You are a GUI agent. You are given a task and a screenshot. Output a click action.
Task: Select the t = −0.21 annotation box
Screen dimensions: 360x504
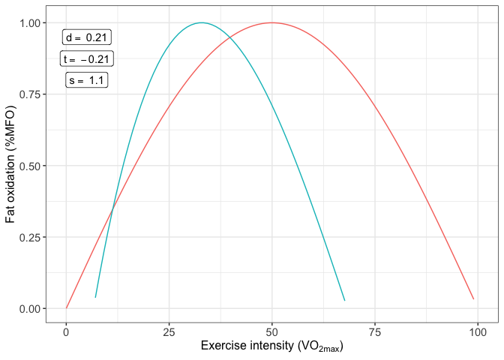point(87,59)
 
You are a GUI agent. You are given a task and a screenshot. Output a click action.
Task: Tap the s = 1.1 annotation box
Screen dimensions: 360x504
point(87,80)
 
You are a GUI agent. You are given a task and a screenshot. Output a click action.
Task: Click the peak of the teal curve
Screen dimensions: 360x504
point(201,22)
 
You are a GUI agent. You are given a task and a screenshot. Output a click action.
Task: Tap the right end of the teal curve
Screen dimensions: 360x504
point(344,301)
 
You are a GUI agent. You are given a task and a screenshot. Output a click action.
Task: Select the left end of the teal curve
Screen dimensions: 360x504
point(95,298)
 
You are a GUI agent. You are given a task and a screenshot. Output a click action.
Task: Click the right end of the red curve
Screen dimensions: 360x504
point(473,299)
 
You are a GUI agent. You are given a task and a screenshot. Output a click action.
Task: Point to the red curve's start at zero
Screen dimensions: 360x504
point(66,308)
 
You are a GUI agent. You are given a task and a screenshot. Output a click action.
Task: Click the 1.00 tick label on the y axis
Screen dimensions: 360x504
point(31,23)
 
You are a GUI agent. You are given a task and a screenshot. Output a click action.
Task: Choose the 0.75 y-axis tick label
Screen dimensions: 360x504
point(31,94)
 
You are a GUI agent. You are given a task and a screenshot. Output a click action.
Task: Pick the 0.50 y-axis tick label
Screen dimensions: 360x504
point(31,166)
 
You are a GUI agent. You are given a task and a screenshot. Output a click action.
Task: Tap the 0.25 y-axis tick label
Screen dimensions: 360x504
point(31,237)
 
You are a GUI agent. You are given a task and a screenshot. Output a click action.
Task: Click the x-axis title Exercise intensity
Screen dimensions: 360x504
point(271,347)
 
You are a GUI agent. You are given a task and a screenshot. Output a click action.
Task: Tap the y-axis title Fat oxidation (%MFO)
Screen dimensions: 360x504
point(10,166)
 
